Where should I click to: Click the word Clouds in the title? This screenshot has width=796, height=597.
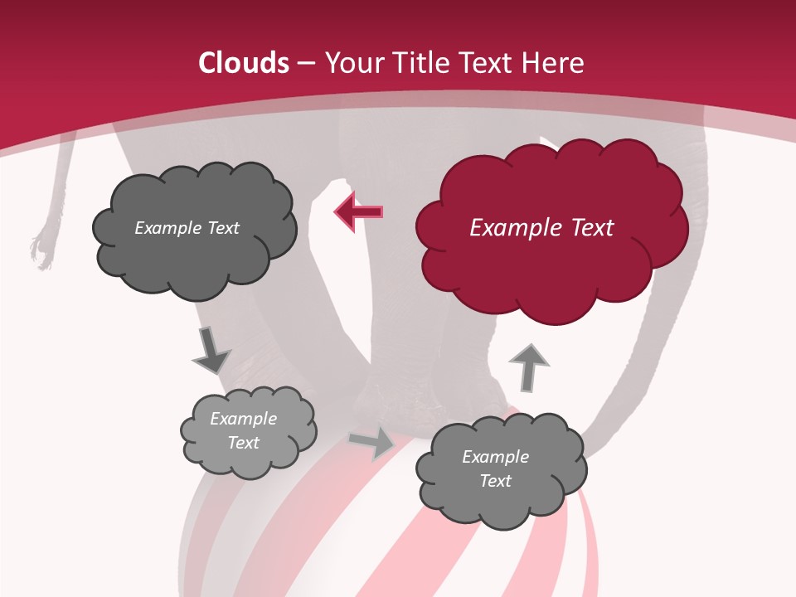(x=244, y=63)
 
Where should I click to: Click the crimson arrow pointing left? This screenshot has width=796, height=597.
(x=359, y=212)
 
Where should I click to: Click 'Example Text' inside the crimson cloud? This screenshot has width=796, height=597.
(x=541, y=228)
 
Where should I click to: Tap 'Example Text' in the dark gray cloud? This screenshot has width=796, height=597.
(x=187, y=228)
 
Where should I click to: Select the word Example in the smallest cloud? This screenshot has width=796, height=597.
(x=243, y=419)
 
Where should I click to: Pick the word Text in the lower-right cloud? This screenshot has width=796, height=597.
(x=495, y=481)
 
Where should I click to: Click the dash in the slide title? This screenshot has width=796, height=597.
(x=306, y=63)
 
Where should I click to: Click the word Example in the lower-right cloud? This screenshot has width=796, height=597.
(x=495, y=457)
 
